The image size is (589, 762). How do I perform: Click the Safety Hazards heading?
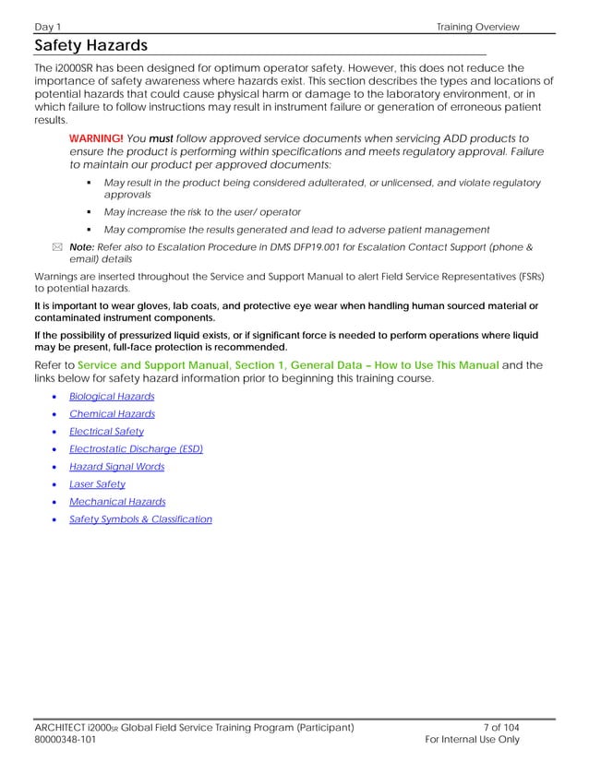coord(90,46)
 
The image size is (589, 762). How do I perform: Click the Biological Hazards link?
coord(112,396)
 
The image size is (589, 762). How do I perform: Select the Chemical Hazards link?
coord(112,414)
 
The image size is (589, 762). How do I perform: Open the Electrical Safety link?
coord(106,431)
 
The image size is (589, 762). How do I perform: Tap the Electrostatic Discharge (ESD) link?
coord(136,448)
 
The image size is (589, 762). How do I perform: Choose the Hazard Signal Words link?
coord(116,467)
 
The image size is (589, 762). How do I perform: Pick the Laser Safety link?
coord(97,483)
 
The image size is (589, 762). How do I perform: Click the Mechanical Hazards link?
coord(117,502)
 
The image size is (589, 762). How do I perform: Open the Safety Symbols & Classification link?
coord(140,519)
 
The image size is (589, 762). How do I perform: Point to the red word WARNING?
coord(96,137)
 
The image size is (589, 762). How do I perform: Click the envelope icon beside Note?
coord(57,247)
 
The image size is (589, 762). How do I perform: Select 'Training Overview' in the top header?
coord(478,27)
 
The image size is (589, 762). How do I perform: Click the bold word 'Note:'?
coord(82,246)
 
